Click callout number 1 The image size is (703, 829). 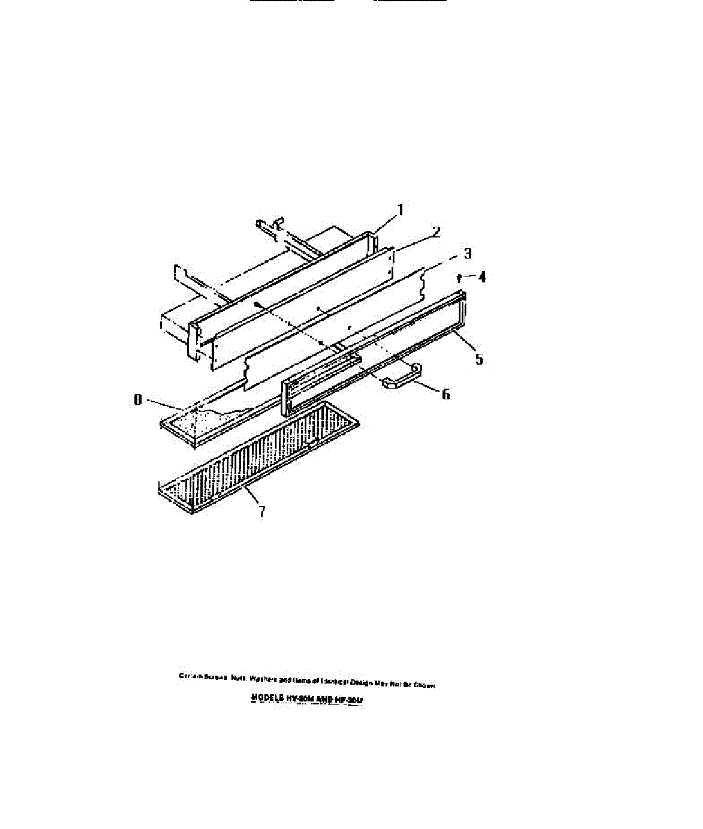coord(400,209)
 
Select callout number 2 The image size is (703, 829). coord(435,231)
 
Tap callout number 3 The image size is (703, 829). coord(467,254)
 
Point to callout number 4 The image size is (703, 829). coord(481,277)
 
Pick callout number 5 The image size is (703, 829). coord(478,359)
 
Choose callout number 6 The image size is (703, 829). coord(446,394)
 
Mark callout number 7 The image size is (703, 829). coord(261,512)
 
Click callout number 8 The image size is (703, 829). coord(138,399)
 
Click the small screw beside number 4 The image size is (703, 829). coord(460,278)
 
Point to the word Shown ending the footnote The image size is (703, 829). coord(423,685)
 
